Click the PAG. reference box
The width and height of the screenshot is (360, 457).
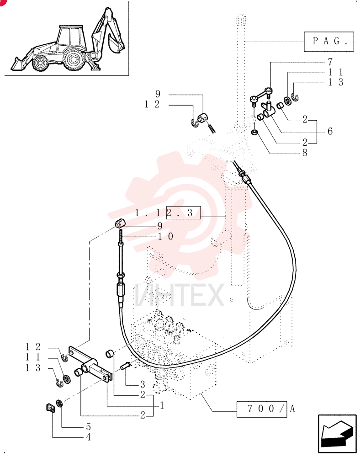pyautogui.click(x=329, y=42)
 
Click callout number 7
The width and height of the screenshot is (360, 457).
pyautogui.click(x=330, y=62)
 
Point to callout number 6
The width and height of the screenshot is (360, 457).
pyautogui.click(x=330, y=131)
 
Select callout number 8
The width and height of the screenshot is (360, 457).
pyautogui.click(x=305, y=153)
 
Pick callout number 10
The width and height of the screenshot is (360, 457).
pyautogui.click(x=166, y=236)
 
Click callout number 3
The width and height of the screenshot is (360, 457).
pyautogui.click(x=143, y=384)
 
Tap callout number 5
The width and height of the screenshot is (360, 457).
pyautogui.click(x=88, y=427)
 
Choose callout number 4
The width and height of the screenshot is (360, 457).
pyautogui.click(x=88, y=437)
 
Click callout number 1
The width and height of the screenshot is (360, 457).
pyautogui.click(x=162, y=405)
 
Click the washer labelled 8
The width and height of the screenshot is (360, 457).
pyautogui.click(x=255, y=133)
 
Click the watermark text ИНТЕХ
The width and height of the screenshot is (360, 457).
pyautogui.click(x=179, y=295)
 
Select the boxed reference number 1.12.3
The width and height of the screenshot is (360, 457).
pyautogui.click(x=168, y=213)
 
